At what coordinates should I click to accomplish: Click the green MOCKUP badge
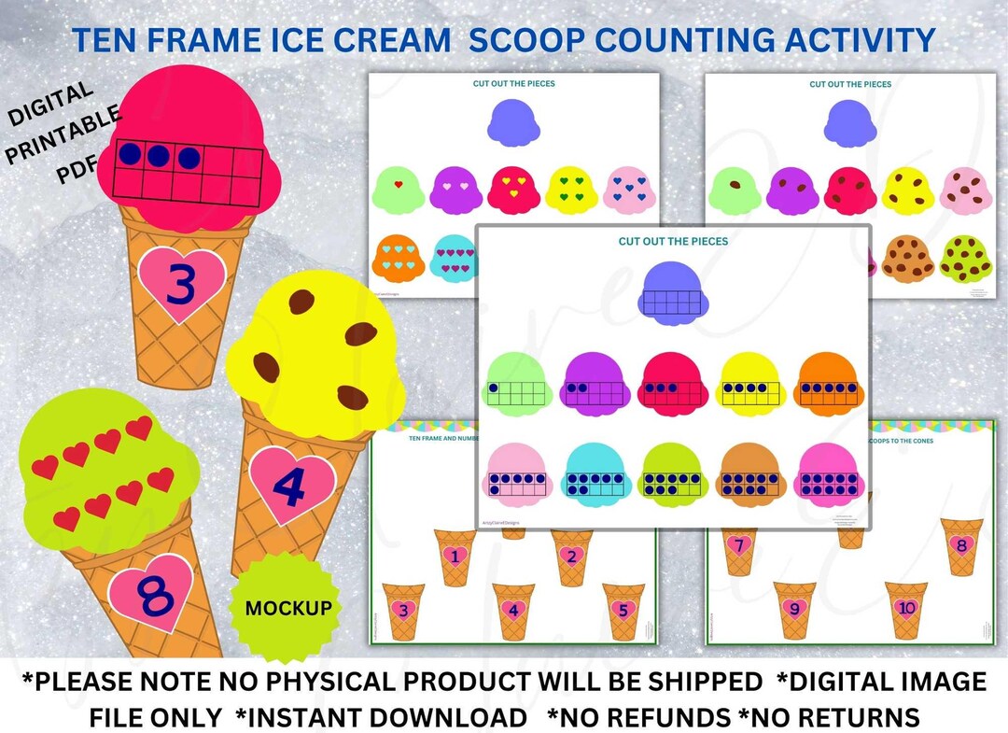pos(287,608)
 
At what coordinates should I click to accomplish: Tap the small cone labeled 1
pos(455,558)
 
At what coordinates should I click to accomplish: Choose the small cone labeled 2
pos(571,557)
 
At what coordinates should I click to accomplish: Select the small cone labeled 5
pos(623,611)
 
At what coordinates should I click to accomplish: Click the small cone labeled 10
pos(906,611)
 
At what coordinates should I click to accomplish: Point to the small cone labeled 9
pos(794,611)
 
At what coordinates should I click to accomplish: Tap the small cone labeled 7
pos(739,548)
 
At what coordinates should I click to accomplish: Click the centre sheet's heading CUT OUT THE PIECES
pos(673,241)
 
